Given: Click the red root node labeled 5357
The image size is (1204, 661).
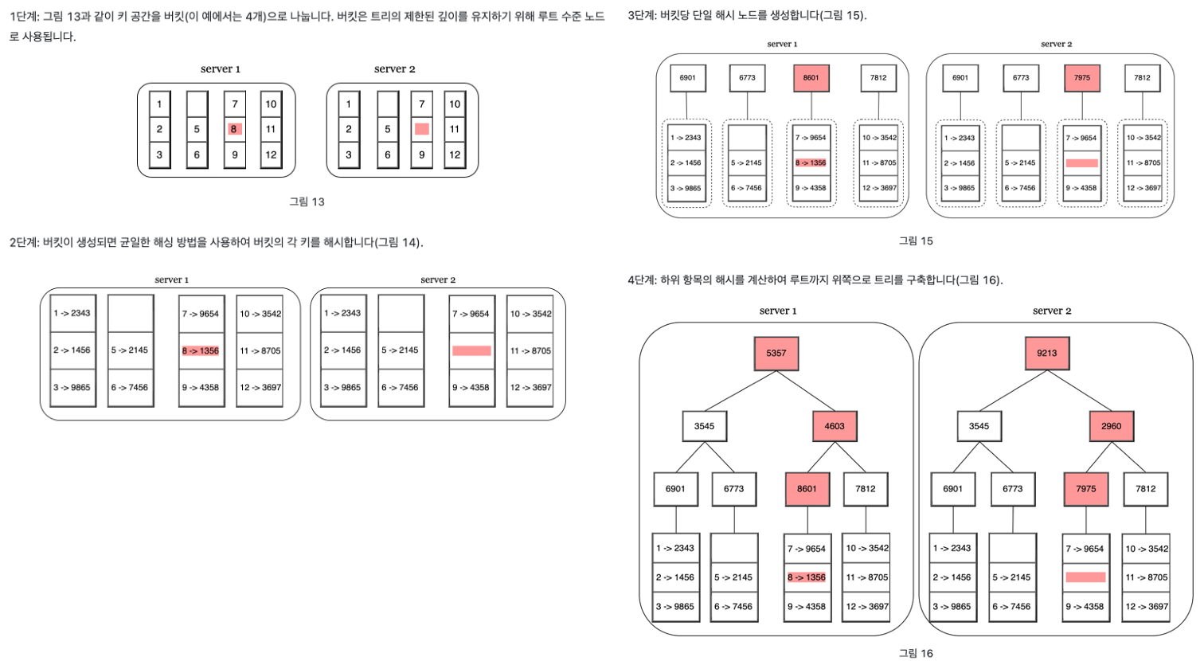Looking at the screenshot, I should (776, 353).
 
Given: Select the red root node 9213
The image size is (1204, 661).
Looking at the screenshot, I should (1046, 353).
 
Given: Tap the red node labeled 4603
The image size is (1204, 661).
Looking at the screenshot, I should (834, 426).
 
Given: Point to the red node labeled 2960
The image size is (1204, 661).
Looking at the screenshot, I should (1111, 426).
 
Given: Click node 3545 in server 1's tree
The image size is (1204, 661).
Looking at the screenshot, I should (704, 426).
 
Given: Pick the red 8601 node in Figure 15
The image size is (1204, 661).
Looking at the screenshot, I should (811, 78).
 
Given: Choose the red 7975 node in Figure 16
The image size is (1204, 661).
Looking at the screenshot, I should (1085, 489).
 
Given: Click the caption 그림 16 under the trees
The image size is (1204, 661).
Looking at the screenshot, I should (916, 653).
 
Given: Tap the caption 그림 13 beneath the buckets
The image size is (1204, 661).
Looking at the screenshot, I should (307, 201).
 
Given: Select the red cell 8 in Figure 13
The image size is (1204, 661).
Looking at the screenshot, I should (233, 129).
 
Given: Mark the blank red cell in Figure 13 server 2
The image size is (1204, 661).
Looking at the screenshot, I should (422, 129).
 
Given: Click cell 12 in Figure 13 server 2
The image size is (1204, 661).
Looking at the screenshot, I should (455, 154).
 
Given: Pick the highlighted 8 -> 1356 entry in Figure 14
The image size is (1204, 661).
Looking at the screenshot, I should (201, 350).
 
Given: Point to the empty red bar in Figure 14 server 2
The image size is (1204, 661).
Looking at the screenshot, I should (471, 350).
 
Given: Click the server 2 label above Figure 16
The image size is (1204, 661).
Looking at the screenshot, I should (1052, 311).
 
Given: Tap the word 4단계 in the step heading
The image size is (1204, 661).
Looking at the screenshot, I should (641, 280).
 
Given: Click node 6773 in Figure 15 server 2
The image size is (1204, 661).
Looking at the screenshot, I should (1021, 78).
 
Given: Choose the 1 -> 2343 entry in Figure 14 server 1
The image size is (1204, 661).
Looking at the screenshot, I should (72, 313).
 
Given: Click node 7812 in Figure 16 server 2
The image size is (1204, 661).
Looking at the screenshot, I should (1145, 489).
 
